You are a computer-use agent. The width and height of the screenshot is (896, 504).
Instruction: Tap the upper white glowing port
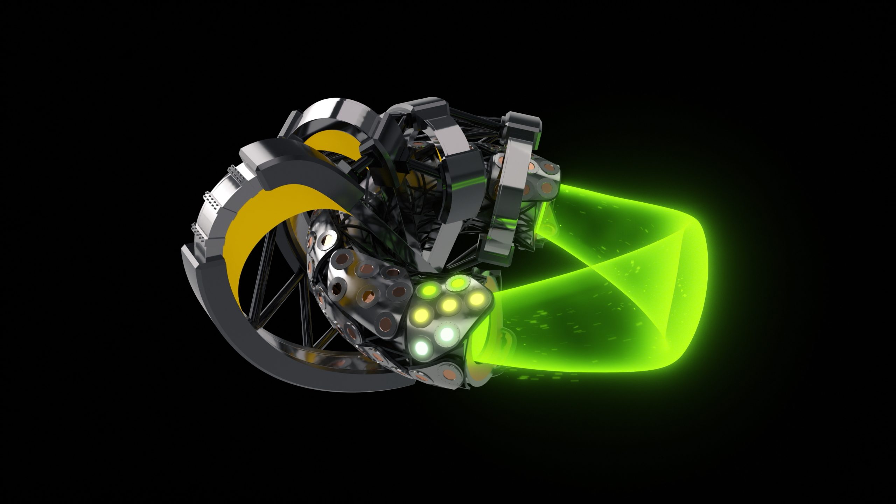[446, 334]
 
